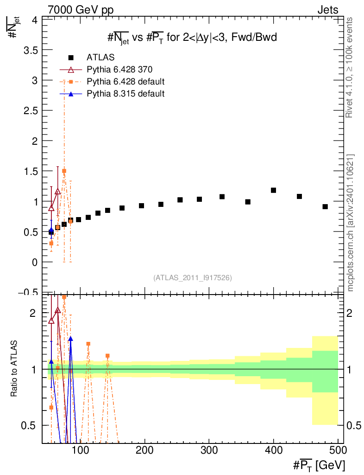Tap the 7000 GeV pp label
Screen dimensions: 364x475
[x=81, y=10]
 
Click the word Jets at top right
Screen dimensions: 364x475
[x=328, y=10]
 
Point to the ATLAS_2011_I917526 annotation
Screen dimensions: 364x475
[x=193, y=277]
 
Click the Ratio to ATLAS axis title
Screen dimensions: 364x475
[x=13, y=368]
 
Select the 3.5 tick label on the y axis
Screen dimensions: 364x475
[x=31, y=50]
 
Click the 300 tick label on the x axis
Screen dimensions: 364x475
[x=209, y=450]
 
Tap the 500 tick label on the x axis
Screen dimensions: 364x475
[x=338, y=450]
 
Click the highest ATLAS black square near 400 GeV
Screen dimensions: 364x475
[x=274, y=190]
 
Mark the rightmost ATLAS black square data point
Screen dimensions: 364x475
[x=325, y=206]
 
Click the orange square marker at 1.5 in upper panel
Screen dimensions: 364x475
[x=64, y=171]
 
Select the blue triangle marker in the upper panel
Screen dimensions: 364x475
[x=51, y=230]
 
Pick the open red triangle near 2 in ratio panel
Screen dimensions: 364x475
[x=58, y=310]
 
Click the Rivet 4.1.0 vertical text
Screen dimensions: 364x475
[x=349, y=68]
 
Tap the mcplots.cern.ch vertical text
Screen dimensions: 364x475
[x=351, y=223]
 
